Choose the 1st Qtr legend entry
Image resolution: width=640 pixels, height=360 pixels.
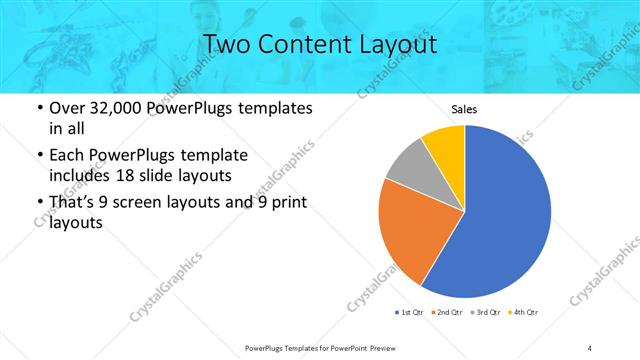410,314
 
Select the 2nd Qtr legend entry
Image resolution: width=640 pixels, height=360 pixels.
449,314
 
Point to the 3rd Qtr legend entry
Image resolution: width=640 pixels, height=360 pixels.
487,314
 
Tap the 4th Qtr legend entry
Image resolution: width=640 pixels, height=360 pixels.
525,314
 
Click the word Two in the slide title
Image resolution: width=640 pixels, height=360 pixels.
227,45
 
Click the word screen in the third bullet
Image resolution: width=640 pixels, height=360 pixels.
146,203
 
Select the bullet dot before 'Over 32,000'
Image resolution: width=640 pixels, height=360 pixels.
38,108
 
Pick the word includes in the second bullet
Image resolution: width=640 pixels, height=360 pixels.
83,174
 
